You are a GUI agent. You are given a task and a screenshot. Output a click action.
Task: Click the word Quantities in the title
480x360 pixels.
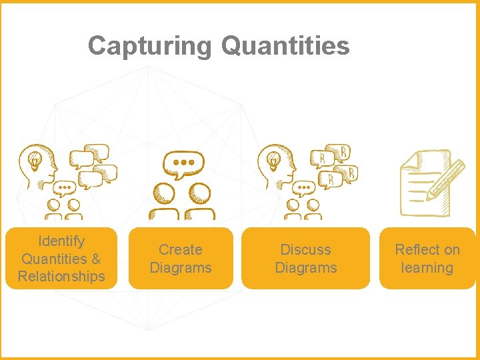285,47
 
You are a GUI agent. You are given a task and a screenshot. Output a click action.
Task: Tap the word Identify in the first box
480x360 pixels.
61,241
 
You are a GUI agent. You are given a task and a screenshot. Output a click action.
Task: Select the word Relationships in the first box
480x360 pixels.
61,276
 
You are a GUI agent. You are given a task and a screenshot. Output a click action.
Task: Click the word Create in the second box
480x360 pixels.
180,250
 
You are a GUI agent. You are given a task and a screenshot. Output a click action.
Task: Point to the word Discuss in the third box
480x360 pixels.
305,250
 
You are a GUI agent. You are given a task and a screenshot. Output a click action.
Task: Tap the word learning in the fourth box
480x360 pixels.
427,268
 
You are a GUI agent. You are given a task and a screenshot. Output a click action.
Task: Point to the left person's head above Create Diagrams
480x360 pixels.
164,195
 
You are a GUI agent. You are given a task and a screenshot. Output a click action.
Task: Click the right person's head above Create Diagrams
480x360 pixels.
199,195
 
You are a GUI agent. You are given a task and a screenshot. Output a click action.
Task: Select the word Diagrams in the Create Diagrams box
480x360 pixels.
180,268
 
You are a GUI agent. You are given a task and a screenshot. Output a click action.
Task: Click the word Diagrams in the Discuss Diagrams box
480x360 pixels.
305,268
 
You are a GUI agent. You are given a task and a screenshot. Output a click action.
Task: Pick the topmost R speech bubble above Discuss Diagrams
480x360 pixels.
341,153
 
